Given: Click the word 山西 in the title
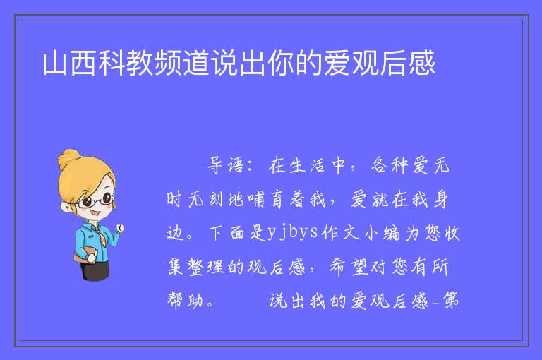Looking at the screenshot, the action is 69,63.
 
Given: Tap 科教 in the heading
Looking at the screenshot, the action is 126,63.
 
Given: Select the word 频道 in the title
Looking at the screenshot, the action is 182,63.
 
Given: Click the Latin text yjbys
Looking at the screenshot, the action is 293,232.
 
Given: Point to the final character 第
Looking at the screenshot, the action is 451,300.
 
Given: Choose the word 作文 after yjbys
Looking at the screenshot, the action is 339,232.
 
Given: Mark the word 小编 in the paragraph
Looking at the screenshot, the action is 383,232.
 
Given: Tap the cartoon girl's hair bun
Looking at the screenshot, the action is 68,157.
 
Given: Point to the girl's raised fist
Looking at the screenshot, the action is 120,228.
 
